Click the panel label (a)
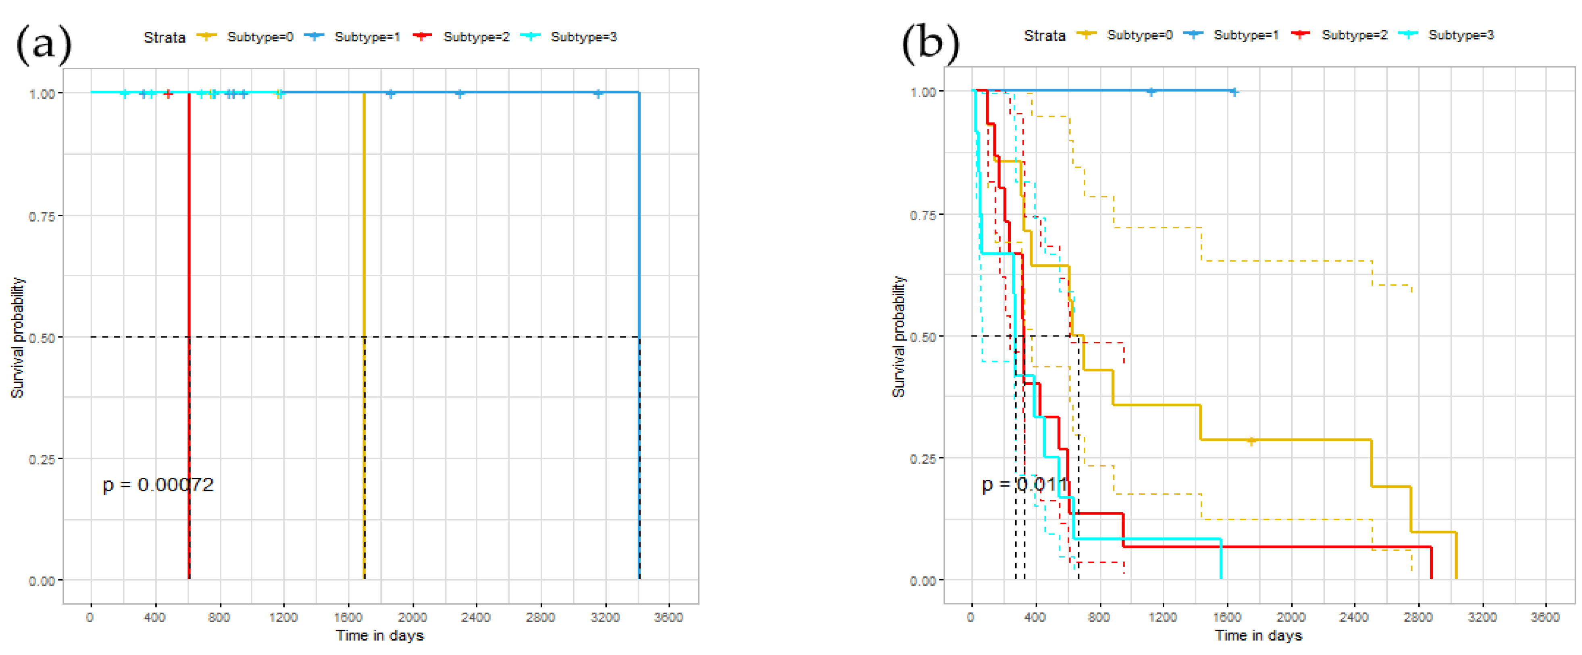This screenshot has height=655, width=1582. [43, 45]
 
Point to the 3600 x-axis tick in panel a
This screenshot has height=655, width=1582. [668, 618]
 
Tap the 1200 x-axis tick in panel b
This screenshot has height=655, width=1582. [1163, 618]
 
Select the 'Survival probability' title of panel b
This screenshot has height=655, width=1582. [899, 336]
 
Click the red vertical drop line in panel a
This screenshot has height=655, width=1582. [189, 246]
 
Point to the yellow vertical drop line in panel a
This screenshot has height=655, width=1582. [364, 246]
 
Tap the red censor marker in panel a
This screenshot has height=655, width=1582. [168, 94]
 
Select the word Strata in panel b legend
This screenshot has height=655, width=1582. [1044, 35]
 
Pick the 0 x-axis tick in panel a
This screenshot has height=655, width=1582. [90, 618]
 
